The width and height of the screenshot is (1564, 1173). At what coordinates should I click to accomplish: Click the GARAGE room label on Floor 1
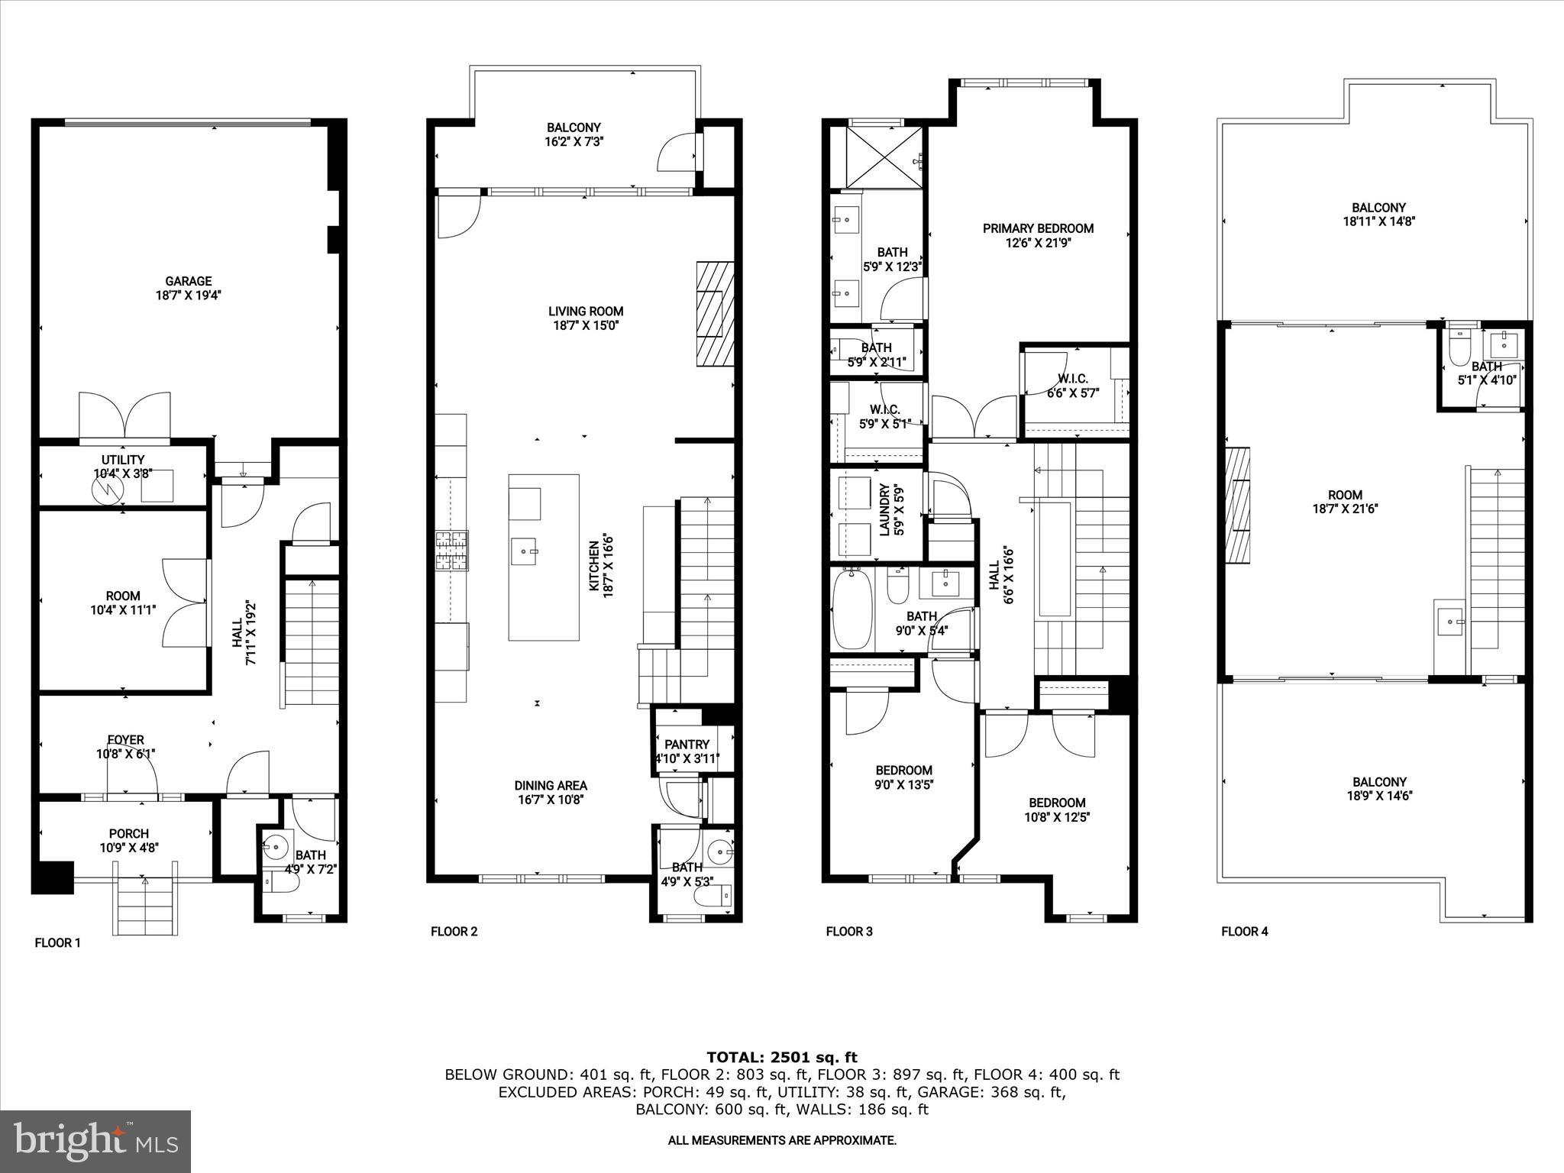coord(188,281)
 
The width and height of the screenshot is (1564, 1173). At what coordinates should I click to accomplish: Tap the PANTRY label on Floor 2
coord(687,744)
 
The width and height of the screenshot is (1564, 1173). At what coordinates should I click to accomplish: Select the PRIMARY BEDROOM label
coord(1037,228)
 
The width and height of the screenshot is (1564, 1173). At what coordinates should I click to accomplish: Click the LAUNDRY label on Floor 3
coord(885,509)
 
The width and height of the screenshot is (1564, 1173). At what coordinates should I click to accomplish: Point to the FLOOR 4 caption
coord(1244,931)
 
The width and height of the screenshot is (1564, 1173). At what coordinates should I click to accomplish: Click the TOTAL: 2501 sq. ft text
coord(781,1057)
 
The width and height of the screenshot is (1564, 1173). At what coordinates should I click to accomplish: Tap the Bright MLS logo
coord(95,1141)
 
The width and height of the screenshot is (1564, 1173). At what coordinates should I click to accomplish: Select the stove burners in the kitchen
coord(452,551)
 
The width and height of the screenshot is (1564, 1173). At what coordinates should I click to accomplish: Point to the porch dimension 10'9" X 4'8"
coord(128,847)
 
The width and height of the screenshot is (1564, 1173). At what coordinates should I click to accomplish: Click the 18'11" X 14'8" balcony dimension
coord(1378,221)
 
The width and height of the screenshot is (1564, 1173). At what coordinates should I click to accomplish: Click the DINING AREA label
coord(550,785)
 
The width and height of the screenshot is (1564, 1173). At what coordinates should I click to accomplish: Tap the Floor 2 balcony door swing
coord(677,153)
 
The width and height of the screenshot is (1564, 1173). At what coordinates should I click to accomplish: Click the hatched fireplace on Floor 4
coord(1238,505)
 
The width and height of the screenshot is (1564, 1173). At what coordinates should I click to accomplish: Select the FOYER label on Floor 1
coord(125,739)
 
